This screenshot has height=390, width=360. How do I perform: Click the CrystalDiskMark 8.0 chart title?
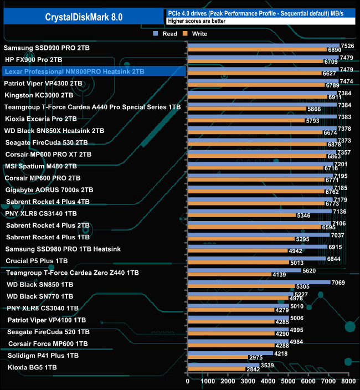pyautogui.click(x=84, y=17)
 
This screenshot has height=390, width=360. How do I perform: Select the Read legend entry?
pyautogui.click(x=166, y=34)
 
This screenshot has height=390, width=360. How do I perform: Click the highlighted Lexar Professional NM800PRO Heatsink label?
pyautogui.click(x=74, y=71)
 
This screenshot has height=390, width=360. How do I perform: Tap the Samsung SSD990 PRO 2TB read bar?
pyautogui.click(x=263, y=46)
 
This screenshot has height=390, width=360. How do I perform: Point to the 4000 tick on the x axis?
pyautogui.click(x=268, y=382)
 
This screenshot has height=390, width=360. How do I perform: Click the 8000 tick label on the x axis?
pyautogui.click(x=347, y=382)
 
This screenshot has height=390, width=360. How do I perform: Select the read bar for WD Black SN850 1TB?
pyautogui.click(x=259, y=281)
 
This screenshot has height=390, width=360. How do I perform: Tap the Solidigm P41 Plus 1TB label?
pyautogui.click(x=43, y=355)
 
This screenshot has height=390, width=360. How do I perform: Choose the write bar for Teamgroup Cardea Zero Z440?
pyautogui.click(x=229, y=274)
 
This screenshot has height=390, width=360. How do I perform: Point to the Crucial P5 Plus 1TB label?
pyautogui.click(x=37, y=260)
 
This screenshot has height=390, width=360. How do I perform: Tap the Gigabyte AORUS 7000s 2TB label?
pyautogui.click(x=49, y=189)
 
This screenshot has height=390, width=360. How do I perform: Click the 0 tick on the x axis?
pyautogui.click(x=188, y=382)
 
